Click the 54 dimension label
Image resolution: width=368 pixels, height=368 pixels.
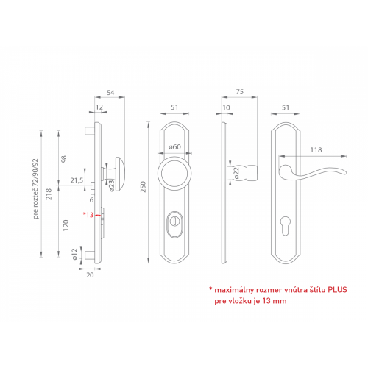pyautogui.click(x=110, y=93)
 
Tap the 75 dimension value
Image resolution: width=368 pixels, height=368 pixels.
pyautogui.click(x=240, y=92)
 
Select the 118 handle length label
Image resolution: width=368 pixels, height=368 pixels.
pyautogui.click(x=316, y=149)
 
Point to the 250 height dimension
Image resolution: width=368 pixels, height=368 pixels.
pyautogui.click(x=143, y=187)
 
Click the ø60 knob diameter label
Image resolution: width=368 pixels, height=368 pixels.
pyautogui.click(x=174, y=146)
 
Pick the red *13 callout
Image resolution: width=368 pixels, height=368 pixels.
pyautogui.click(x=88, y=215)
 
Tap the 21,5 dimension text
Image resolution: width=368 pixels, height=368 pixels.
pyautogui.click(x=77, y=180)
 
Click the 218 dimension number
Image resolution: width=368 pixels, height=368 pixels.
pyautogui.click(x=49, y=194)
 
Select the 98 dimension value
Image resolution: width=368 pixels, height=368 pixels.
pyautogui.click(x=63, y=160)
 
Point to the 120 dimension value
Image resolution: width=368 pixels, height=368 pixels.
pyautogui.click(x=66, y=225)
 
